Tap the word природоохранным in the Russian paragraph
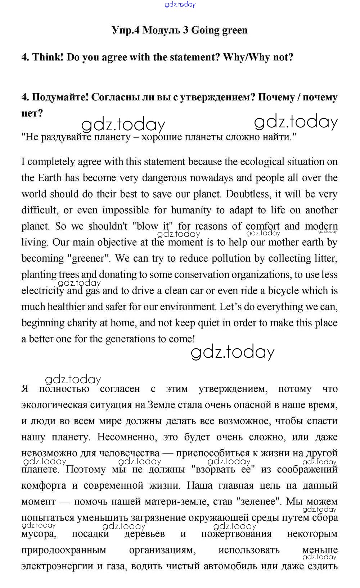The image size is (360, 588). (x=64, y=550)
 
